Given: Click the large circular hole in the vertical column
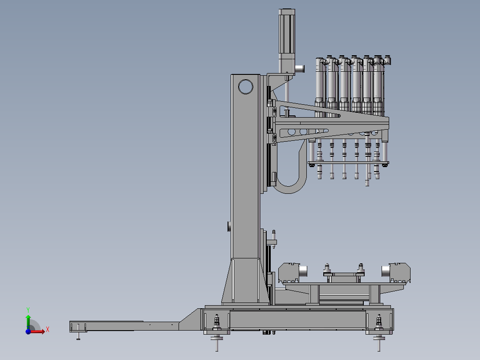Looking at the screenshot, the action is (245, 80).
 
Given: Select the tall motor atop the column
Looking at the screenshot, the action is (287, 41).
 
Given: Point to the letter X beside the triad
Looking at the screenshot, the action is (48, 330).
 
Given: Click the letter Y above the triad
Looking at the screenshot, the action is (28, 310).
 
